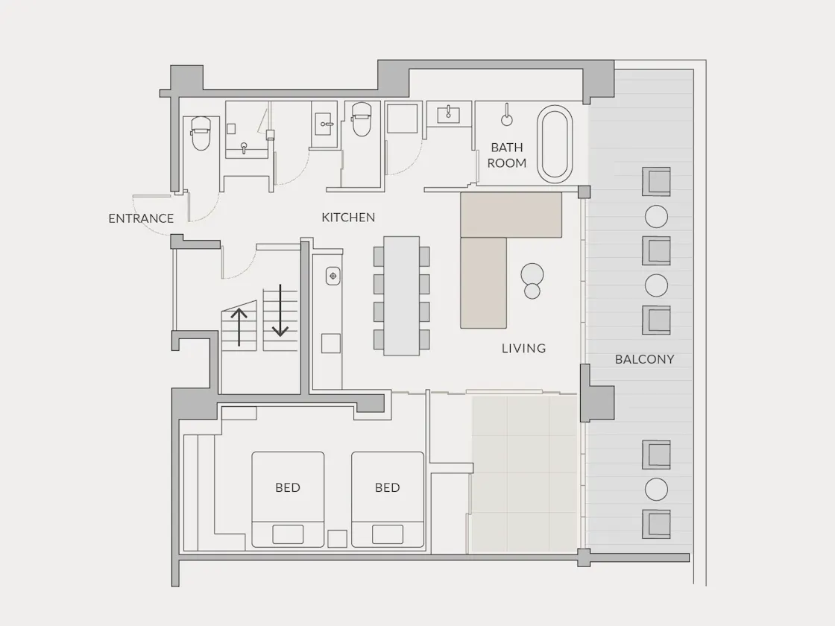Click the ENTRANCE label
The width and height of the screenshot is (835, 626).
141,218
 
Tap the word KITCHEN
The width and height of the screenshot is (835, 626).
348,217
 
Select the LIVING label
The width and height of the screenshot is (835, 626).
523,348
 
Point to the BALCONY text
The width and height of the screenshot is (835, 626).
644,359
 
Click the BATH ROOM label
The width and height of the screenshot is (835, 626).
507,155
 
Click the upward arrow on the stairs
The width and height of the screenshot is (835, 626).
239,326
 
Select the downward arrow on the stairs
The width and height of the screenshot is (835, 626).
280,311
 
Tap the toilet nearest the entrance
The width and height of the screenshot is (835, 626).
201,133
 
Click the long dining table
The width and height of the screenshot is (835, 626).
402,295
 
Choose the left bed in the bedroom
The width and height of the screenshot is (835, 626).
288,499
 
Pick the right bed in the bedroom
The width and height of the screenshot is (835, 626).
388,499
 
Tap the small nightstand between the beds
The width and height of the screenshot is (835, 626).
338,539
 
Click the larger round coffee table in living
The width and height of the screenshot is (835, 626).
532,274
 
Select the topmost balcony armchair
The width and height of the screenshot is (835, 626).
656,182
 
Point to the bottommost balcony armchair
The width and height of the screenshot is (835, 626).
656,524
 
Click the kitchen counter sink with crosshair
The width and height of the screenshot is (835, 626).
333,276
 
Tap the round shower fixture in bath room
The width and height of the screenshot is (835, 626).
507,119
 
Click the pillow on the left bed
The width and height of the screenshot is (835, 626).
288,534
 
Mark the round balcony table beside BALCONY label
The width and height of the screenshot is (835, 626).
656,286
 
